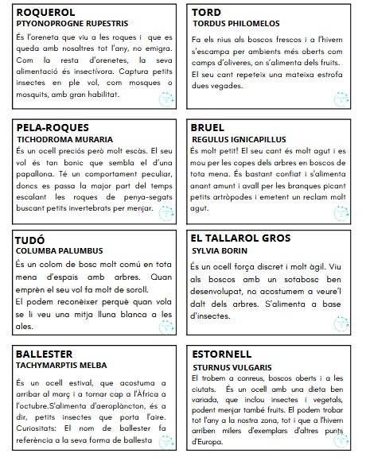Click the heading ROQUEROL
(x=45, y=13)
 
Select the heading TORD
(x=206, y=13)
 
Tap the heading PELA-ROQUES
(x=52, y=127)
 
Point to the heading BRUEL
(x=208, y=127)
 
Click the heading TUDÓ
(x=30, y=239)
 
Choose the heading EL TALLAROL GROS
(x=240, y=238)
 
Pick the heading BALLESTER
(x=45, y=353)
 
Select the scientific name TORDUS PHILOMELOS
(x=234, y=25)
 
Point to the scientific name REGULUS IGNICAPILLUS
(x=239, y=139)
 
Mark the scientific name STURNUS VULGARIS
(x=232, y=367)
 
